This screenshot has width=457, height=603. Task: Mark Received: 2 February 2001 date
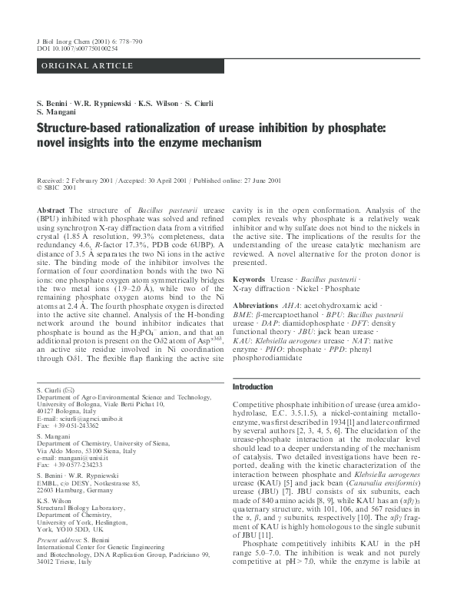(74, 180)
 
